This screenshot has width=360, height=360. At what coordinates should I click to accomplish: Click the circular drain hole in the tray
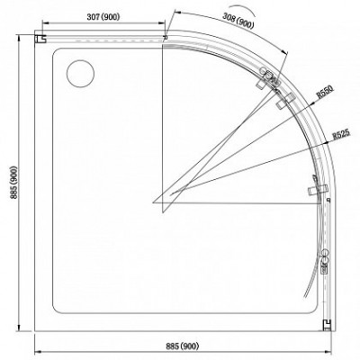click(x=80, y=74)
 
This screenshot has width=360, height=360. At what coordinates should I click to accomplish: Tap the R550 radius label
click(x=325, y=92)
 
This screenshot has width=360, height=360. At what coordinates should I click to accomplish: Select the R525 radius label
click(x=341, y=135)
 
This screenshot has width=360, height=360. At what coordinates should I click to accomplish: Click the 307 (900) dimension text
click(x=103, y=17)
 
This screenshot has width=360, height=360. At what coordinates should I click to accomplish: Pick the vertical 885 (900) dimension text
click(x=14, y=183)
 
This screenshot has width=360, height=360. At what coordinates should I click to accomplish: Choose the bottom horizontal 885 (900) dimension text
click(x=183, y=346)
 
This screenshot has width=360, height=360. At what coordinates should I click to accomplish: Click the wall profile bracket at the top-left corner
click(x=40, y=39)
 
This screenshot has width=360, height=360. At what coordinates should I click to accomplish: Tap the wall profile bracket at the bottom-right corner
click(x=327, y=325)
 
